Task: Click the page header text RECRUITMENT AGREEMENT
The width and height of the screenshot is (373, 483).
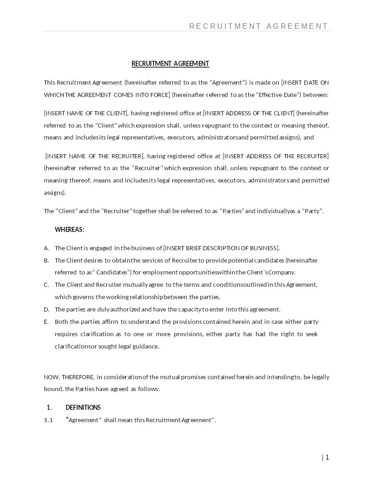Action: click(259, 26)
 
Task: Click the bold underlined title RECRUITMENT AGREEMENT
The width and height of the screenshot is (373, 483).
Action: click(170, 64)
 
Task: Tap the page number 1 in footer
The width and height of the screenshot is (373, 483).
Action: click(327, 457)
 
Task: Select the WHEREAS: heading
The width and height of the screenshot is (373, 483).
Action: click(69, 230)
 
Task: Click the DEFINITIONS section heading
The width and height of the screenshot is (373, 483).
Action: click(83, 408)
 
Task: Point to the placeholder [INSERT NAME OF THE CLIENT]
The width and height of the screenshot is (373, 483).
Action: click(86, 113)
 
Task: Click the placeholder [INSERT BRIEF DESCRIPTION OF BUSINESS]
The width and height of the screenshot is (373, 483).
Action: click(221, 248)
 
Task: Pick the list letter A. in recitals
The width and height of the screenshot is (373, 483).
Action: click(46, 248)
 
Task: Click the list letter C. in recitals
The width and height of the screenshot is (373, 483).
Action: click(46, 284)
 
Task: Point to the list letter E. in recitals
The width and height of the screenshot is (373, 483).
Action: click(46, 322)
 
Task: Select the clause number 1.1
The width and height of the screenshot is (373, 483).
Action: click(48, 420)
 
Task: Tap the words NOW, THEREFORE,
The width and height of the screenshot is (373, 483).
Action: click(69, 377)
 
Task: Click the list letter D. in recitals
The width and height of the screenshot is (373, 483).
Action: click(46, 309)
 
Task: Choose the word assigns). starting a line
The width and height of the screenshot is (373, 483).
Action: click(55, 193)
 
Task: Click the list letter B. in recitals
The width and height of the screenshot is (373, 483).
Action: click(46, 260)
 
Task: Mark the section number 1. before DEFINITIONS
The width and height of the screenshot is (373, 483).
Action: click(49, 408)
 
